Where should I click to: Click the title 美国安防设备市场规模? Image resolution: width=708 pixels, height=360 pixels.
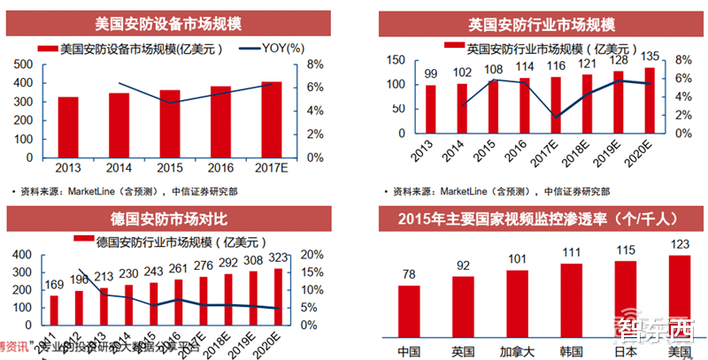click(172, 24)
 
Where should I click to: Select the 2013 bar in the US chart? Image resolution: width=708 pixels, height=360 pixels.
click(68, 127)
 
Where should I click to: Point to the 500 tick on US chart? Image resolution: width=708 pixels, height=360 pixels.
click(25, 65)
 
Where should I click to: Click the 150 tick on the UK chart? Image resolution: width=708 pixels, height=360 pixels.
click(397, 60)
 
